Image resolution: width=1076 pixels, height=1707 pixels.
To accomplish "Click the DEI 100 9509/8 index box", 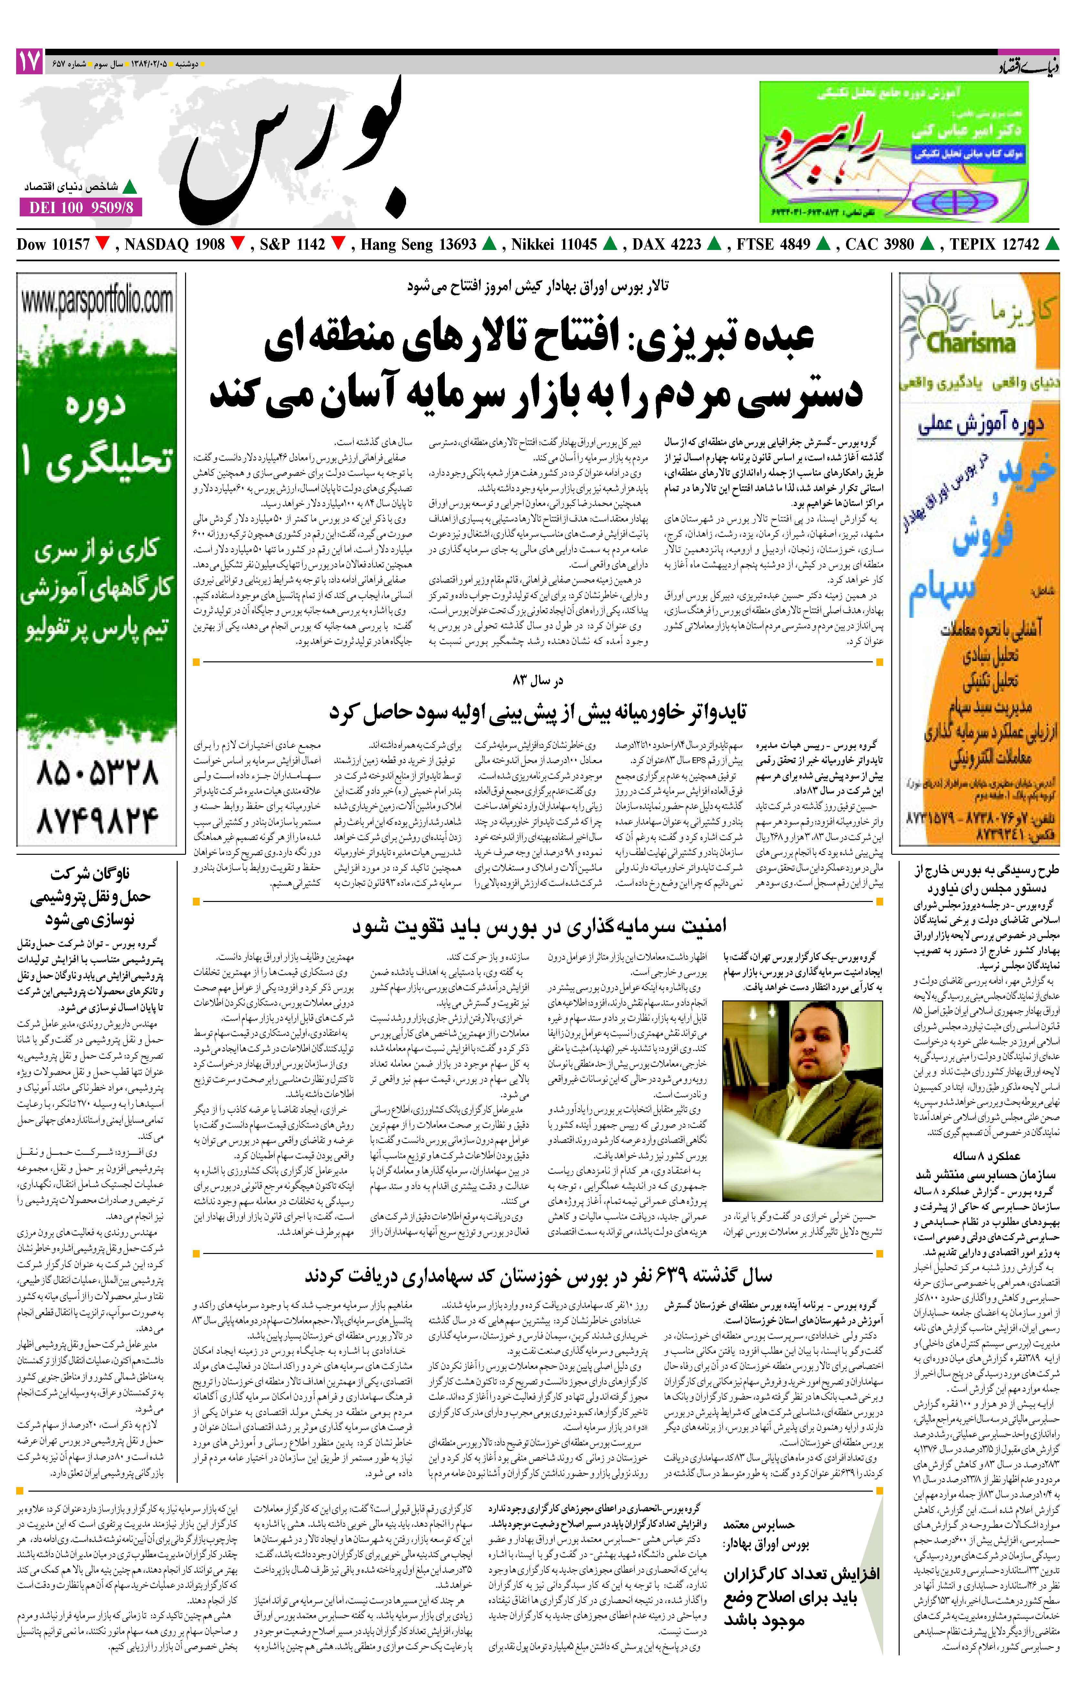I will pos(81,207).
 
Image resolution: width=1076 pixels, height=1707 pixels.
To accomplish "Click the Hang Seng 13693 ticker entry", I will pos(419,244).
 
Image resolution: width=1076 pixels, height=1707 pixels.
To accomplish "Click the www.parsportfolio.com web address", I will pos(97,301).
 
